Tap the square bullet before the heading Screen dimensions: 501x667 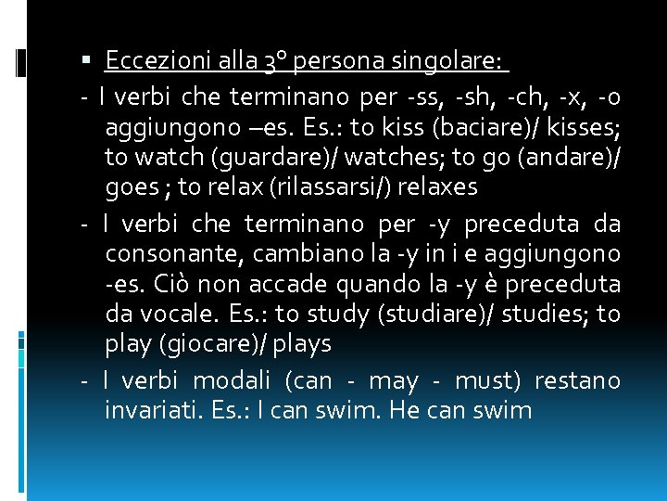click(x=87, y=62)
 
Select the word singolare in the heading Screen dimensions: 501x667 click(x=455, y=62)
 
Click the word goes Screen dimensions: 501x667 click(x=132, y=188)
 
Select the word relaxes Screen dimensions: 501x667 click(x=435, y=188)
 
